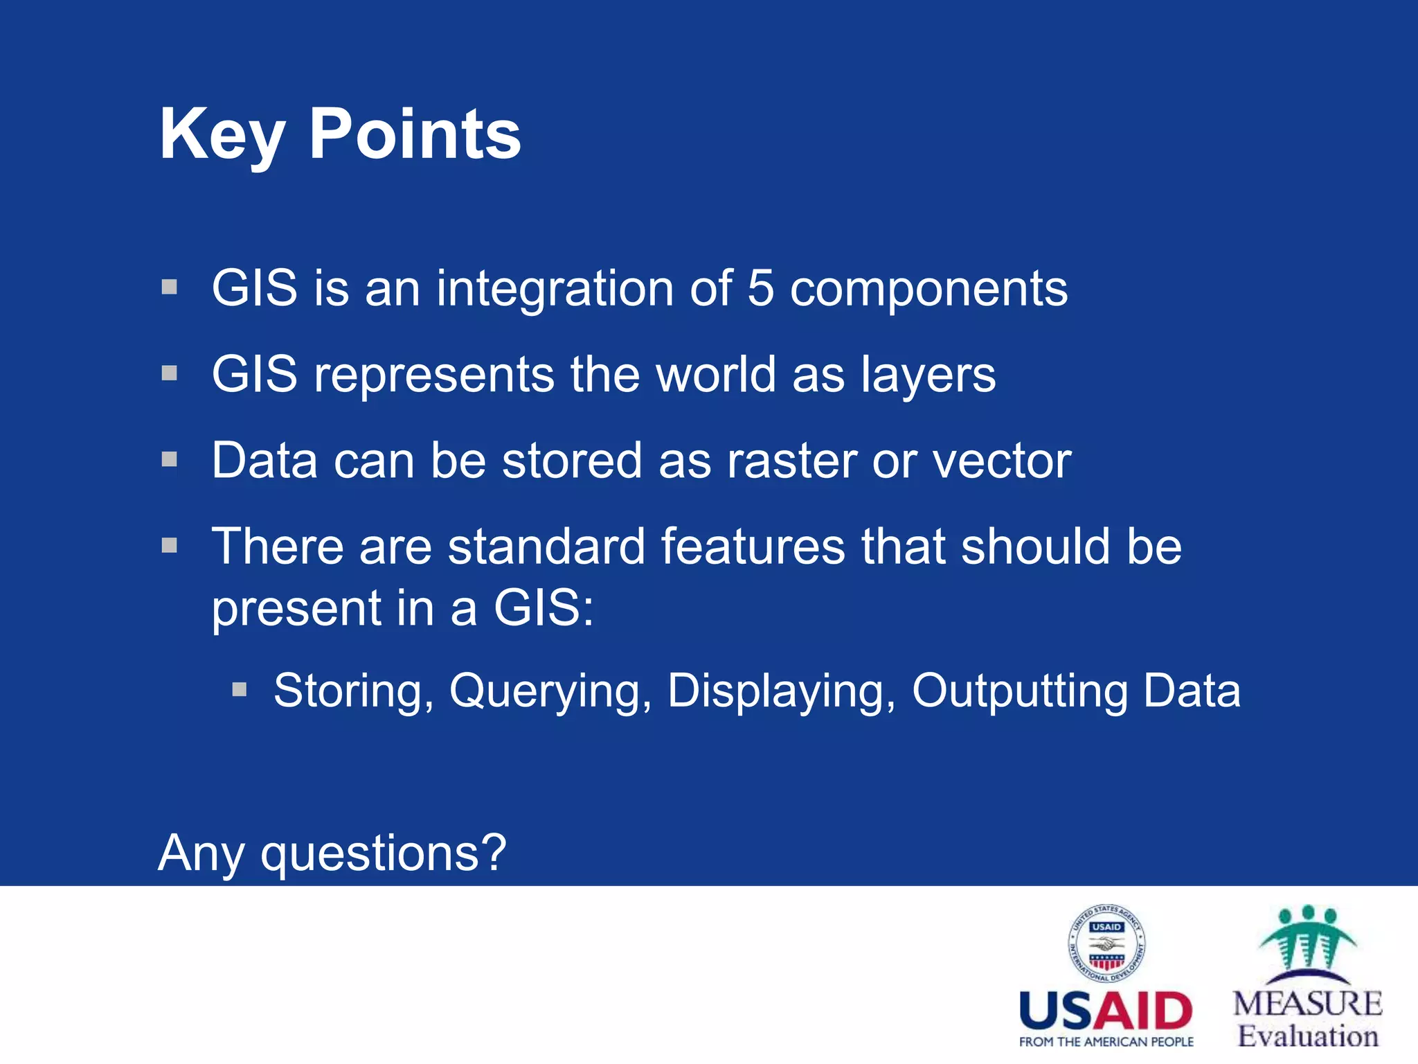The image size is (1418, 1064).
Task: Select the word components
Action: point(928,290)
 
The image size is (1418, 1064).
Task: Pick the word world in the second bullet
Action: point(715,375)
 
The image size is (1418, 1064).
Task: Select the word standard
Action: point(546,547)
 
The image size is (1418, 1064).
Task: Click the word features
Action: point(753,547)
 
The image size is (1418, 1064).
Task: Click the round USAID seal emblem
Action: point(1106,943)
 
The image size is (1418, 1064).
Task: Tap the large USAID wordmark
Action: point(1106,1011)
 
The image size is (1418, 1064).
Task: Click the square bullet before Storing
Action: point(240,689)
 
